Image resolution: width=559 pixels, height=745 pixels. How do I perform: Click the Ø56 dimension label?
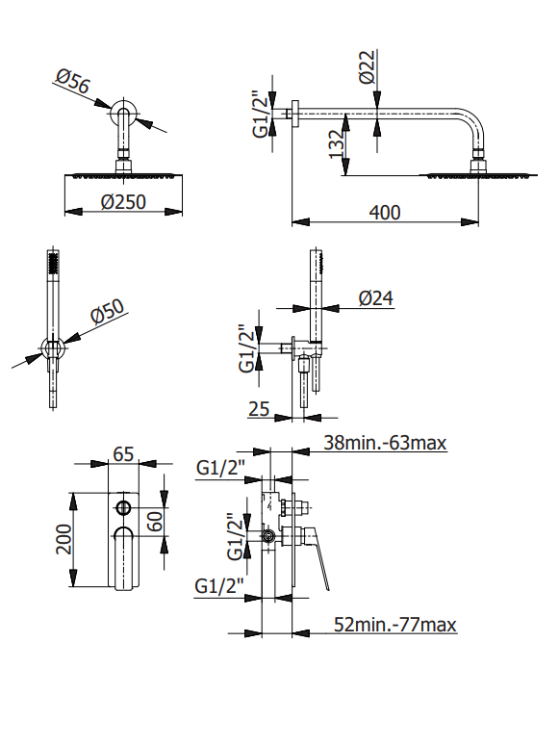tap(72, 81)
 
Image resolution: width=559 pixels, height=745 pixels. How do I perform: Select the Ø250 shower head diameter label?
tap(123, 202)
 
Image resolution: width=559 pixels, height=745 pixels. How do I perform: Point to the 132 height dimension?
tap(336, 144)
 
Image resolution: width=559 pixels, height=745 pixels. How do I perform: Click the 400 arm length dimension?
tap(385, 212)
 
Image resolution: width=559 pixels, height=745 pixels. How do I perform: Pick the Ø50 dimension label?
tap(108, 311)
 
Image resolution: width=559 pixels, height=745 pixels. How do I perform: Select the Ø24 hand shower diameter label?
tap(376, 298)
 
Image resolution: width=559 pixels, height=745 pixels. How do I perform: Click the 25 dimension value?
tap(259, 409)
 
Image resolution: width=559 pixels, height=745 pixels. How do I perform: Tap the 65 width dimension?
tap(123, 453)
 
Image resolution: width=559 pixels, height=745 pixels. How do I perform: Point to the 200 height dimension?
tap(64, 539)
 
